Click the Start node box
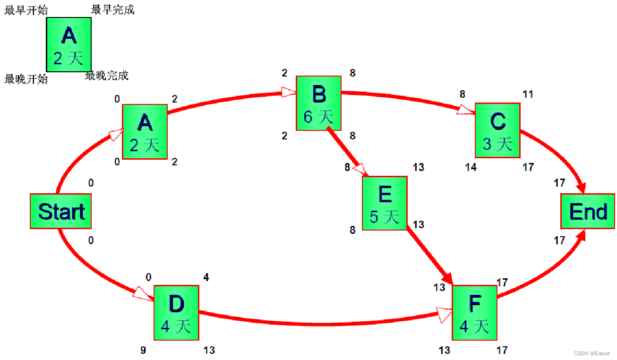click(60, 211)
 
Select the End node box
click(588, 211)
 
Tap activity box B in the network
click(318, 103)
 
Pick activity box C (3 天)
click(497, 130)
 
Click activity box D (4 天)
click(176, 312)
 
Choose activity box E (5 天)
click(385, 203)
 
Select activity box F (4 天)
click(474, 312)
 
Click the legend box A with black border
click(69, 44)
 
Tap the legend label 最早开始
click(26, 10)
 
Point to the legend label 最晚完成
click(107, 76)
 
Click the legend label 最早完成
click(113, 10)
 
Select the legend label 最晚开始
click(26, 79)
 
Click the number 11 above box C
click(528, 94)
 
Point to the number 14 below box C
click(471, 167)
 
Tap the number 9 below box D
click(143, 350)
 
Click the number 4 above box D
click(206, 277)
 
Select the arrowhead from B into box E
click(360, 169)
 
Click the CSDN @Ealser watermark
click(591, 353)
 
